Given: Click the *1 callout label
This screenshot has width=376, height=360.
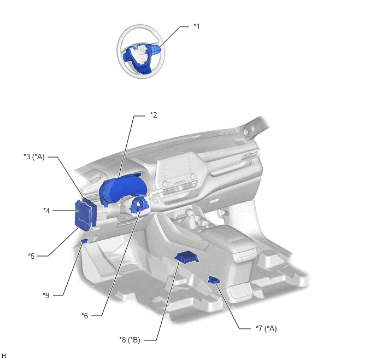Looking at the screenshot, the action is coord(196,26).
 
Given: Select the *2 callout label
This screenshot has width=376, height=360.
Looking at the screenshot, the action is coord(154,115).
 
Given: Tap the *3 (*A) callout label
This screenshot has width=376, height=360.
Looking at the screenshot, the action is coord(34,156).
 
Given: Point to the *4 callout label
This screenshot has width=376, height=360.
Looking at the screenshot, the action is coord(46,211).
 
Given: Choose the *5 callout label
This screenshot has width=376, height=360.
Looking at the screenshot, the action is coord(31,256).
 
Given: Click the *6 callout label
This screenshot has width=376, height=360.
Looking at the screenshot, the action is coord(85,315).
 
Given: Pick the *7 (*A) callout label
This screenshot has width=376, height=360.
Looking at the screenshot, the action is coord(266,328).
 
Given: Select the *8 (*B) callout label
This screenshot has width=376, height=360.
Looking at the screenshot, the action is coord(130,340).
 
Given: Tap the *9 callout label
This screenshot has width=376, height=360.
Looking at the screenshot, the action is coord(46,295).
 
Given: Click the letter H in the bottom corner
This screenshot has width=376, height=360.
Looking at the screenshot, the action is coord(3,356).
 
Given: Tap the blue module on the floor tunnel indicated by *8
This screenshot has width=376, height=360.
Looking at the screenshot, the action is coord(186,257).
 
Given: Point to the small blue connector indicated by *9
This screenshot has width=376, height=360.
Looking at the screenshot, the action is coord(85,241).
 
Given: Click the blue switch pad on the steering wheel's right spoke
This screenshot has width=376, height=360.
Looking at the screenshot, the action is coord(156,50).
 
